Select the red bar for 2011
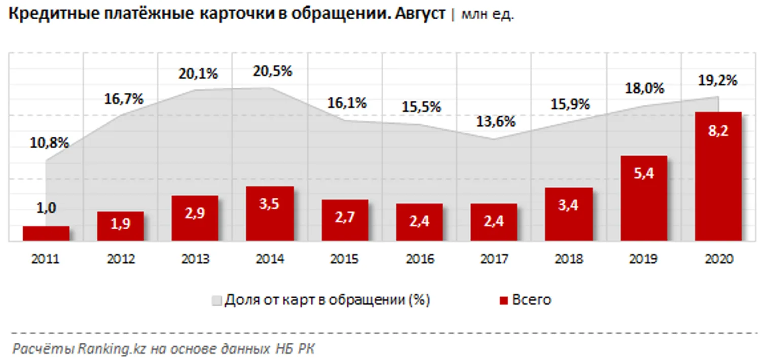point(46,233)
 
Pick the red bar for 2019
point(644,198)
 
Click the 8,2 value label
point(718,130)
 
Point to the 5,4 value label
point(644,173)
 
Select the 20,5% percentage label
point(273,71)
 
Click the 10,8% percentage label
point(49,143)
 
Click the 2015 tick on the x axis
point(345,259)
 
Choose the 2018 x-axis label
point(569,259)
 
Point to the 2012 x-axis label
point(121,259)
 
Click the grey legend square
point(216,301)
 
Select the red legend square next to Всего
point(503,301)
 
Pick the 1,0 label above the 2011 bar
point(46,207)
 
